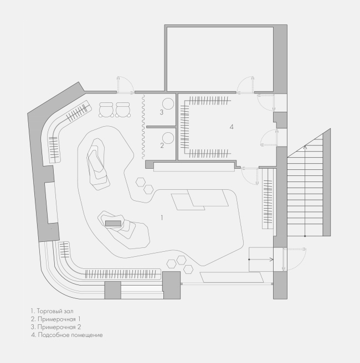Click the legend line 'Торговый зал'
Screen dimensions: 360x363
pos(52,311)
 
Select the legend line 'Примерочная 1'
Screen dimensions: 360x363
pos(55,319)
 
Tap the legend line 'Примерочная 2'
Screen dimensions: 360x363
pos(56,327)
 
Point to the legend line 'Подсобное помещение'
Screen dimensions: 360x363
pos(67,335)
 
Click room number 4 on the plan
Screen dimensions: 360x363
pos(232,127)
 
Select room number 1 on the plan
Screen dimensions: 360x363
pos(162,217)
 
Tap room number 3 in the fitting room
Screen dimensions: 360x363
pos(162,112)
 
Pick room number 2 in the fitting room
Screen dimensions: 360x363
pos(162,146)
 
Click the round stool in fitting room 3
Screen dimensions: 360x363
pos(168,103)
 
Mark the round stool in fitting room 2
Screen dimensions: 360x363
pos(168,138)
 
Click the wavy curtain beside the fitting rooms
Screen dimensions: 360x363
pos(143,127)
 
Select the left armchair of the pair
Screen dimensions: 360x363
pos(106,110)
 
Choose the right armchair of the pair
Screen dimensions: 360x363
pos(122,110)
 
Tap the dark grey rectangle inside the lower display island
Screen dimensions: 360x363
pos(113,224)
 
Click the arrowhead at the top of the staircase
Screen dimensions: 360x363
pos(305,147)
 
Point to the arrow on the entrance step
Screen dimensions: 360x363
pos(261,260)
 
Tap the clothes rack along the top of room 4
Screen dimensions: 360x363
pos(210,101)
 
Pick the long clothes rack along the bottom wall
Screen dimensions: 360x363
pos(123,274)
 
